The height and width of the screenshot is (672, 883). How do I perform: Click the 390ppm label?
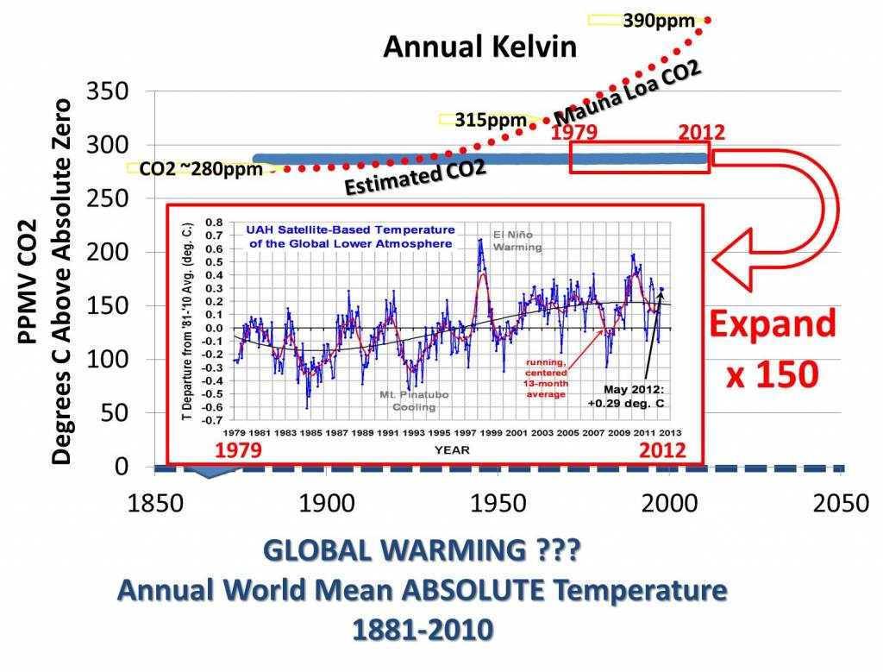659,20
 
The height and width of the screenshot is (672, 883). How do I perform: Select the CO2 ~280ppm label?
203,168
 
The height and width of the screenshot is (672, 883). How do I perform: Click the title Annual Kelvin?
479,47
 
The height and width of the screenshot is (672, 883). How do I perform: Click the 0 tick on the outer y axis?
121,467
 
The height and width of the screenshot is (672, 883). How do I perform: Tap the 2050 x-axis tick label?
841,503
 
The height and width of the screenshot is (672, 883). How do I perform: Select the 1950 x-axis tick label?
498,503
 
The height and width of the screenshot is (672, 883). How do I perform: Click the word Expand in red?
773,325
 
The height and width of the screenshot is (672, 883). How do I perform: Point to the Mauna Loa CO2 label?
627,94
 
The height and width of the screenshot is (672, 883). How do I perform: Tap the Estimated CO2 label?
415,175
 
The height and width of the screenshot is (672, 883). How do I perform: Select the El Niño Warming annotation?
517,241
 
